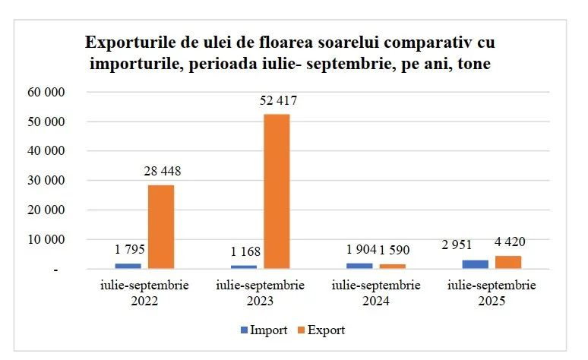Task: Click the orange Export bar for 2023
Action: pos(277,191)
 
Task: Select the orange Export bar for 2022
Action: pos(161,226)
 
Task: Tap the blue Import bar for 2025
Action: pos(476,264)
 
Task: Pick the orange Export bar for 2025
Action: pos(508,262)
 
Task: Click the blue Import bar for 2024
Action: pos(360,266)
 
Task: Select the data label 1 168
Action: pos(245,251)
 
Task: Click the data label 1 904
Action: pos(360,250)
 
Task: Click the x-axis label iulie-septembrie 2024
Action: pos(377,293)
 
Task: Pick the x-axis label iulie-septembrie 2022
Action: pos(145,293)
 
